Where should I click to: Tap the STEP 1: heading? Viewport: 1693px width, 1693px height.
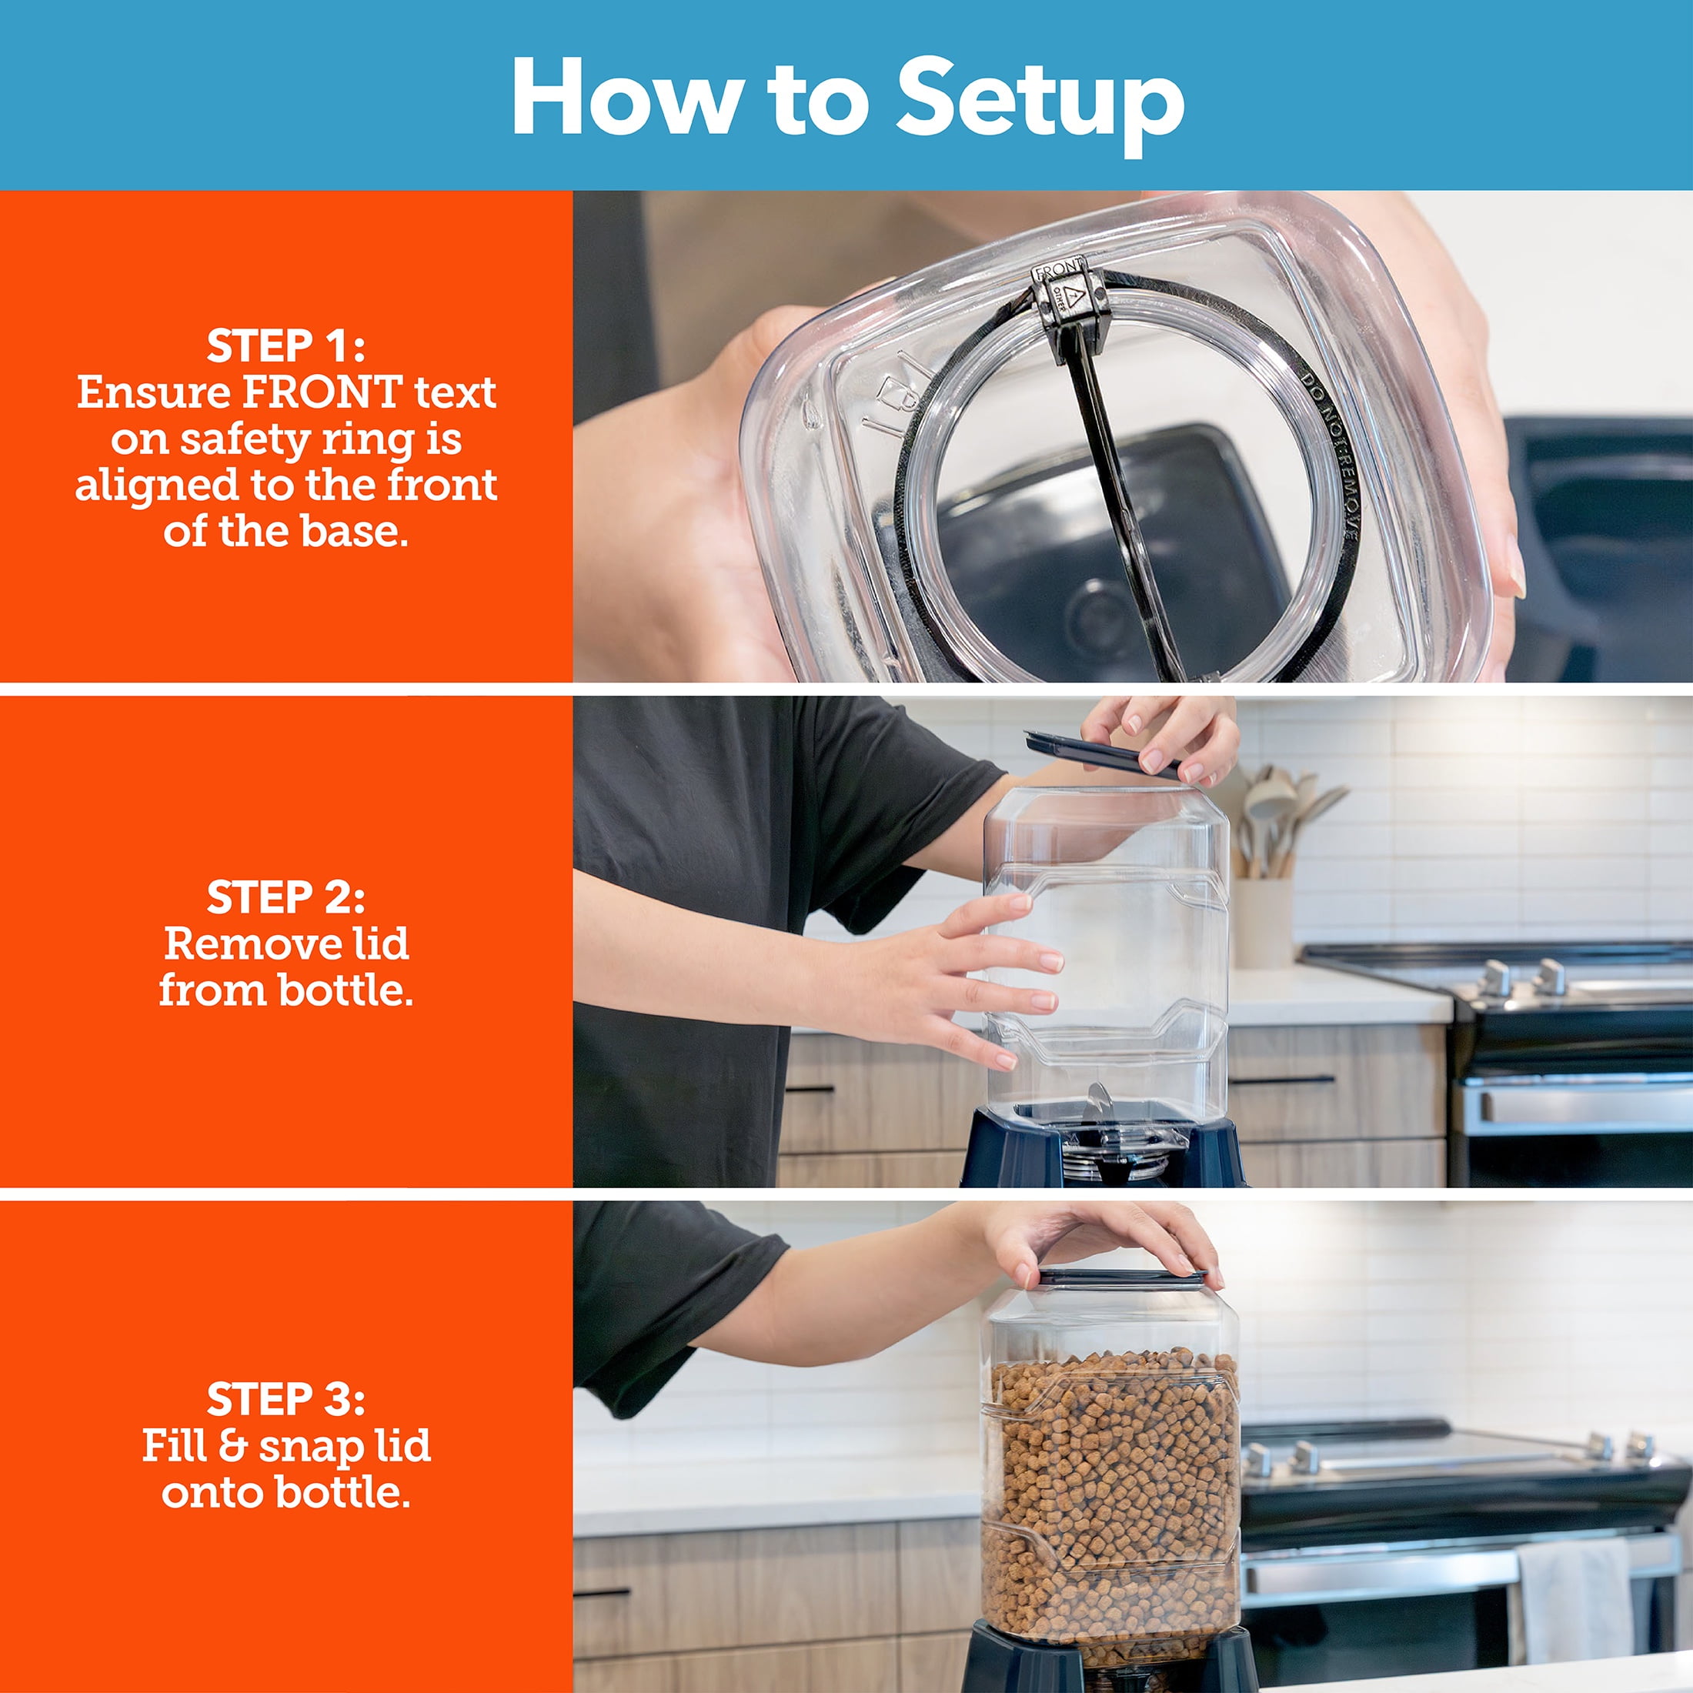pyautogui.click(x=286, y=346)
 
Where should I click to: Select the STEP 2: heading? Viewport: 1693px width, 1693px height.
pyautogui.click(x=286, y=897)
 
